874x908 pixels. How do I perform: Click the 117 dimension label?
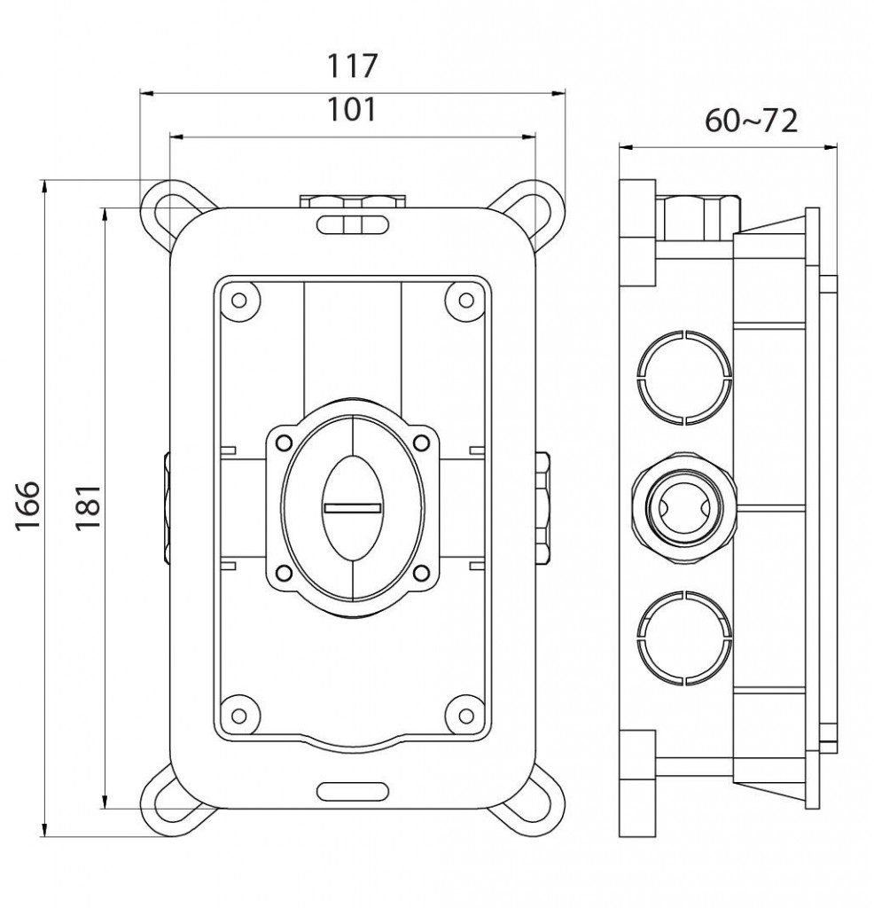click(353, 66)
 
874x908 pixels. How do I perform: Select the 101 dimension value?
click(352, 109)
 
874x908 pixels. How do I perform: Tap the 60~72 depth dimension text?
click(752, 121)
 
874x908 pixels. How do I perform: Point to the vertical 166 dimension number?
click(27, 505)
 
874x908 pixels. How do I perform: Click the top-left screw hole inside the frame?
click(239, 300)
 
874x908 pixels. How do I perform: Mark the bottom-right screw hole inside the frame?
click(466, 716)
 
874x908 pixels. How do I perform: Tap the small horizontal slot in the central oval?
click(352, 508)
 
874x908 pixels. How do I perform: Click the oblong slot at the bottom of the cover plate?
click(353, 791)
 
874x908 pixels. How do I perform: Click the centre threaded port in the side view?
click(684, 508)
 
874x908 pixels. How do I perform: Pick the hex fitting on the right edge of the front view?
click(542, 508)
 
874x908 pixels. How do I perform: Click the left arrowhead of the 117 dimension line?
click(146, 92)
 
